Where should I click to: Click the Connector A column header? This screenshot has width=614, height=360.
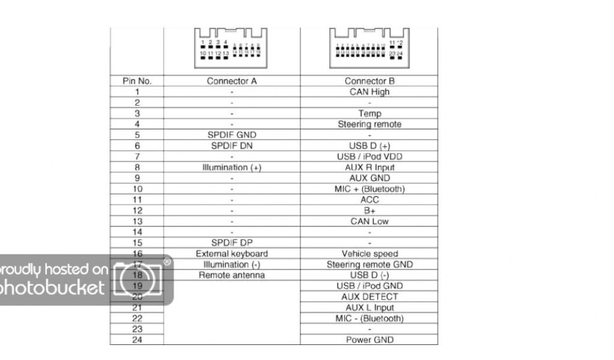[231, 81]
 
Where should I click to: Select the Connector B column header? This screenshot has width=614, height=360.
[369, 81]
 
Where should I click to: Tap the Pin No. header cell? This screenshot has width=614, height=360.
[137, 81]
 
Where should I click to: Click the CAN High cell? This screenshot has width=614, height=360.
[369, 92]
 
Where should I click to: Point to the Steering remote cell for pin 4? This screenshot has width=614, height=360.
[369, 124]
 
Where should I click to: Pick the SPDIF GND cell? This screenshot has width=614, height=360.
[231, 135]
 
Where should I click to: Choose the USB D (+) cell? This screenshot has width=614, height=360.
[369, 146]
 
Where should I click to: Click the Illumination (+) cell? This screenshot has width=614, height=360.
[231, 167]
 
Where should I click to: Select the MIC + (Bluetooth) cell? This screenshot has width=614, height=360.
[369, 189]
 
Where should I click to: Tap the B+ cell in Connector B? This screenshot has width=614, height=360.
[369, 211]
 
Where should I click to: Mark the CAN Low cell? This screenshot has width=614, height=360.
[369, 221]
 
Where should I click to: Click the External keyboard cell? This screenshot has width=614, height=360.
[231, 254]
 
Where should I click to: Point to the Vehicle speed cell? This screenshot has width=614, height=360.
[369, 254]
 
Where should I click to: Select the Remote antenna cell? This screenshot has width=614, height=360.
[231, 275]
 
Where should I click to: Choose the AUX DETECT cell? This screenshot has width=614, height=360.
[369, 297]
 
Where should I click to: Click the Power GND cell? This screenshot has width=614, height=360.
[369, 340]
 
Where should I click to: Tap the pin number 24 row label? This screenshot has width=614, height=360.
[137, 340]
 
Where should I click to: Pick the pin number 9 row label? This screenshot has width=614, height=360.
[137, 178]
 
